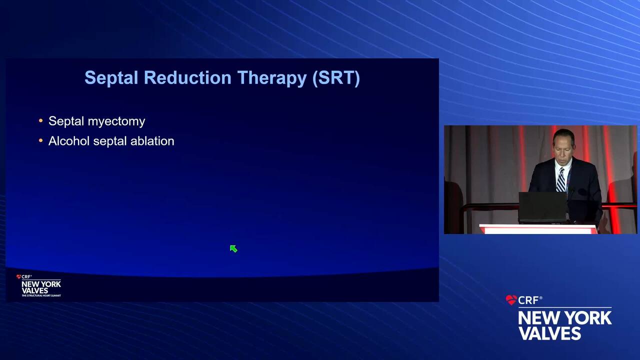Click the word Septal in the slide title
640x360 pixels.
111,78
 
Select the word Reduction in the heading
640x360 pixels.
187,77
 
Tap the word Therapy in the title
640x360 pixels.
271,78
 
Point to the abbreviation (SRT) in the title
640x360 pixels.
336,78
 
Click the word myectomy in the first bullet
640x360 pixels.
116,121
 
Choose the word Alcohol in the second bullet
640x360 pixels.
69,141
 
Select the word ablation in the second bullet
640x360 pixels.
152,141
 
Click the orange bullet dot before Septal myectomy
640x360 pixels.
40,120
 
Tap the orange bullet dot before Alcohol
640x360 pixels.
40,140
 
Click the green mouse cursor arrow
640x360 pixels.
233,249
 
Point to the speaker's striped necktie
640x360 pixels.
561,179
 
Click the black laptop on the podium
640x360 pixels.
542,207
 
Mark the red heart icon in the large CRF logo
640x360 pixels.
511,300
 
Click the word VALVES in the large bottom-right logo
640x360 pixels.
549,333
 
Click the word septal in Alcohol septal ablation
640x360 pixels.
109,141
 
